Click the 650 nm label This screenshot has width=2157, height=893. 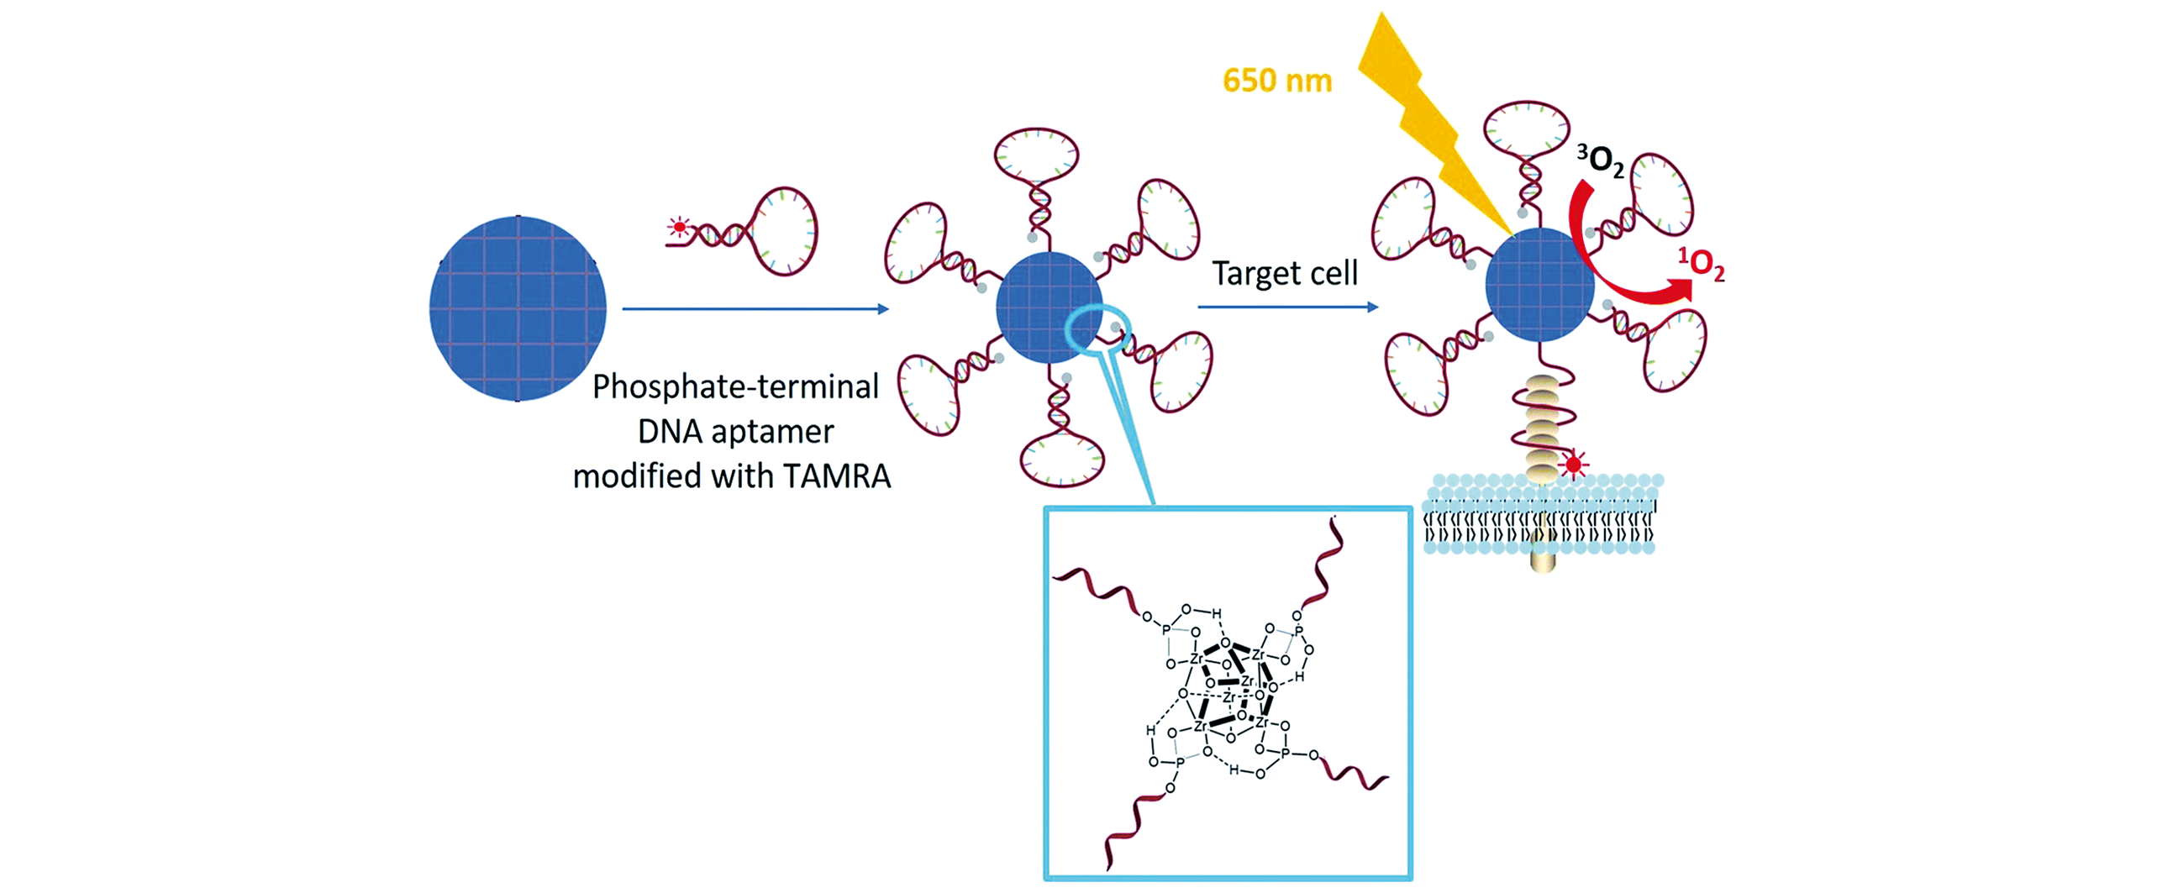coord(1276,81)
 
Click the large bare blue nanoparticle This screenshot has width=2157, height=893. coord(518,308)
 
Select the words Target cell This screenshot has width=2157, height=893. coord(1284,273)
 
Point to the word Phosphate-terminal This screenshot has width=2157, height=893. coord(735,386)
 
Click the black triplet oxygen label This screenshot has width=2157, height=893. coord(1600,160)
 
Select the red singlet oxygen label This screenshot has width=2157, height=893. coord(1702,264)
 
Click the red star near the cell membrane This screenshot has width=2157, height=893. coord(1573,464)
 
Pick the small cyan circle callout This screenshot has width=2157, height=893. coord(1097,330)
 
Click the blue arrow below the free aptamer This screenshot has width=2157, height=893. coord(755,309)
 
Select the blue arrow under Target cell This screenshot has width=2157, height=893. coord(1287,307)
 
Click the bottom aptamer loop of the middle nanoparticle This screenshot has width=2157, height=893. coord(1061,460)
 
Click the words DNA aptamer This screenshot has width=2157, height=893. coord(735,432)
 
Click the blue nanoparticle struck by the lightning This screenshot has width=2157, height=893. coord(1539,285)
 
